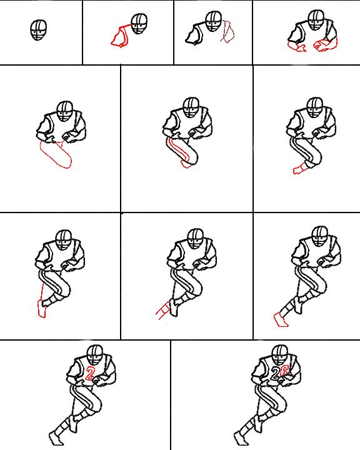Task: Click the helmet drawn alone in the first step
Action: tap(39, 30)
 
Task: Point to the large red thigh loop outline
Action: tap(55, 154)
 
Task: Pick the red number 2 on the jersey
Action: tap(91, 374)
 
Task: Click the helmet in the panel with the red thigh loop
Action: tap(64, 111)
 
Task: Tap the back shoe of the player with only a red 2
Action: tap(54, 436)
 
